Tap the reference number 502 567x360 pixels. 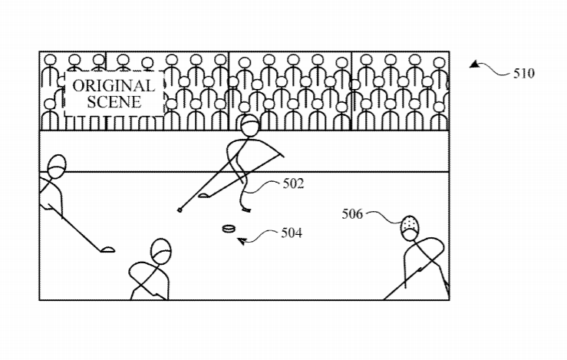[293, 183]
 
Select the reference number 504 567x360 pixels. [292, 233]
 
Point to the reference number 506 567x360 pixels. [352, 214]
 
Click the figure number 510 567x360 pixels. [524, 74]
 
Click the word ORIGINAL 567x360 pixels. [114, 86]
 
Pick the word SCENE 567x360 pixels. [114, 101]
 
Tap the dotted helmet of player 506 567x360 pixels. [410, 224]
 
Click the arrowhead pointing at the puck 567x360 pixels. [242, 240]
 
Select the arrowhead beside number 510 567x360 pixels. [475, 64]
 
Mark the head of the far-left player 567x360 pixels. [57, 167]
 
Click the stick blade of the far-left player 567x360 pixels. [107, 249]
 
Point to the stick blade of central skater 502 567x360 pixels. [203, 196]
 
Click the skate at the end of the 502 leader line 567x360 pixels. [246, 210]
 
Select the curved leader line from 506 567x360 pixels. [384, 216]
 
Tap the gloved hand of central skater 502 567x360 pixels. [281, 155]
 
